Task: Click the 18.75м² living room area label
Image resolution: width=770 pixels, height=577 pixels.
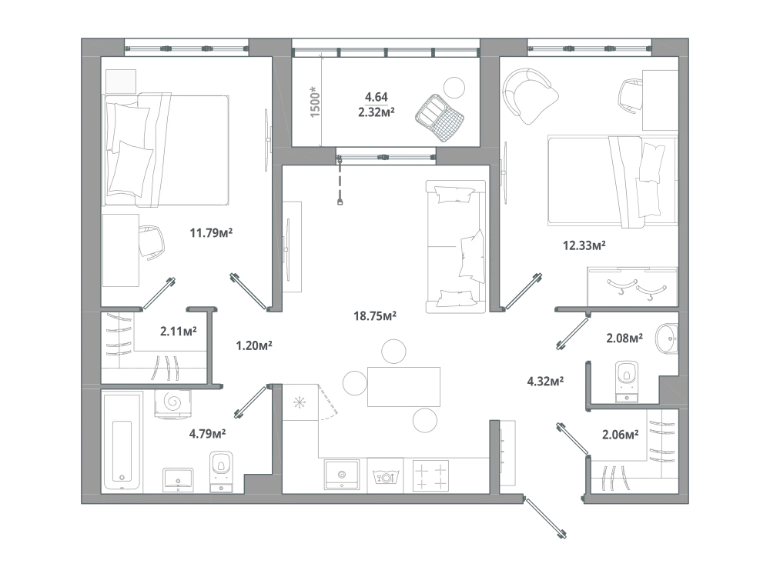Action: pos(375,316)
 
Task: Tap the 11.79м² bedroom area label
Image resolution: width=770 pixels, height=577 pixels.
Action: pos(211,232)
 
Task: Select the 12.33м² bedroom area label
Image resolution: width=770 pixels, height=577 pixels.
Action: pos(584,245)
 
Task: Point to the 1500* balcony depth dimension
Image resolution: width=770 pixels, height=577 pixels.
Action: pos(315,102)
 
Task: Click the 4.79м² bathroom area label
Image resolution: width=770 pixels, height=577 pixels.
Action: pos(207,433)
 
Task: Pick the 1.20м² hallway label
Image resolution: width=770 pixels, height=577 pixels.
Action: pos(254,345)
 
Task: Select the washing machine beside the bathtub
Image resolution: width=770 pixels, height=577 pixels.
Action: pos(172,403)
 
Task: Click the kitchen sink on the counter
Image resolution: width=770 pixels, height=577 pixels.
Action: pos(341,474)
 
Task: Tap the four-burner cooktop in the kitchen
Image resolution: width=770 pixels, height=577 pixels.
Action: pos(430,474)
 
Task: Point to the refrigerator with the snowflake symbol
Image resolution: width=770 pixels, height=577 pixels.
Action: pos(300,402)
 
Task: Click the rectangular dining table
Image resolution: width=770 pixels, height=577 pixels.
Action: pos(403,387)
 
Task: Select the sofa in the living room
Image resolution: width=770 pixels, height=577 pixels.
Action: pos(456,246)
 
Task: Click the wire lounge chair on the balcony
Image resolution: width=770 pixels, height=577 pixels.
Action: pos(440,118)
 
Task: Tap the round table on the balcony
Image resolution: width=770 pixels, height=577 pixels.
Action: pos(454,88)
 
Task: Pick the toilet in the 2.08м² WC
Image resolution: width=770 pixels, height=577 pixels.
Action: pos(626,382)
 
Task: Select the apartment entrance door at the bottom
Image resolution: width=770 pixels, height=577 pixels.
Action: pos(545,518)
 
